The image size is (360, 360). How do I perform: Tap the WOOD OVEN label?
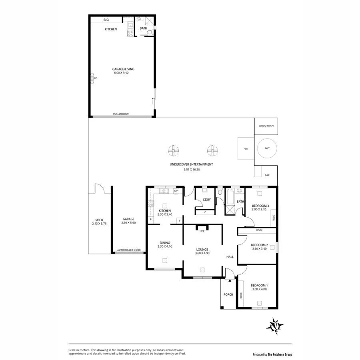[266, 126]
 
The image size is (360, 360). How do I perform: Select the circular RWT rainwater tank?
[266, 148]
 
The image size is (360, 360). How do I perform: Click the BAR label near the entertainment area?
[267, 175]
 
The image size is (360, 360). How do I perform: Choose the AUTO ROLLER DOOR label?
[129, 250]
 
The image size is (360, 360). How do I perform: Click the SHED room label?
[99, 220]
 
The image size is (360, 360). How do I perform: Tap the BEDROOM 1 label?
[259, 285]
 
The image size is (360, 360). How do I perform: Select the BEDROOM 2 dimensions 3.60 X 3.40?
[259, 249]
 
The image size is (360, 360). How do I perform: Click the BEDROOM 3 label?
[260, 206]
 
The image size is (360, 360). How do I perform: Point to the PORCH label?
[228, 294]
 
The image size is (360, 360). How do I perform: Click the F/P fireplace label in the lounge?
[202, 231]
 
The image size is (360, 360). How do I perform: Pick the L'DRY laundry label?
[207, 199]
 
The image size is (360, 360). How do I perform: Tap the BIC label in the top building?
[106, 20]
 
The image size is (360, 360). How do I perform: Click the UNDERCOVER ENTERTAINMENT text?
[191, 164]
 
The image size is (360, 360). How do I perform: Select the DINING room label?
[165, 242]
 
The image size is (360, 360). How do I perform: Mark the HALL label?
[230, 257]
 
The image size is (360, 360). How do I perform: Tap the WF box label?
[246, 149]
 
